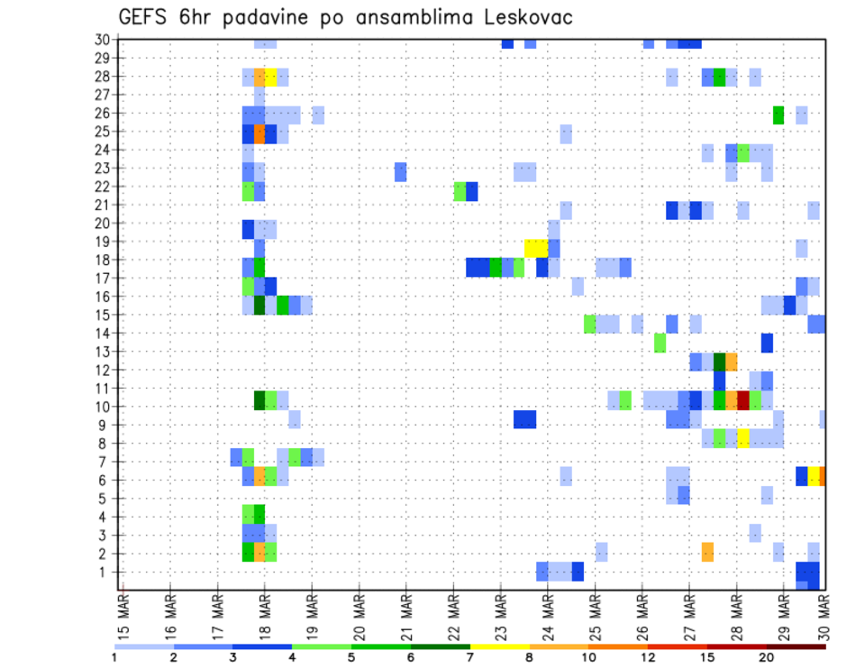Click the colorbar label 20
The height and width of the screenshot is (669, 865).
(x=766, y=657)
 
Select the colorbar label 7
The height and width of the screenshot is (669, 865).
(x=471, y=657)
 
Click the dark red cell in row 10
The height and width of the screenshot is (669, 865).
(x=743, y=399)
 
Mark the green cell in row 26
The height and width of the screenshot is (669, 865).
(x=778, y=115)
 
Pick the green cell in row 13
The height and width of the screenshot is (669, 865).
(x=660, y=343)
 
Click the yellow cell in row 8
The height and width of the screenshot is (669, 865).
(x=743, y=439)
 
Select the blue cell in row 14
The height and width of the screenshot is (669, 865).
(x=767, y=343)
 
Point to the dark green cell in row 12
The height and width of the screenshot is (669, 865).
(x=720, y=362)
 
